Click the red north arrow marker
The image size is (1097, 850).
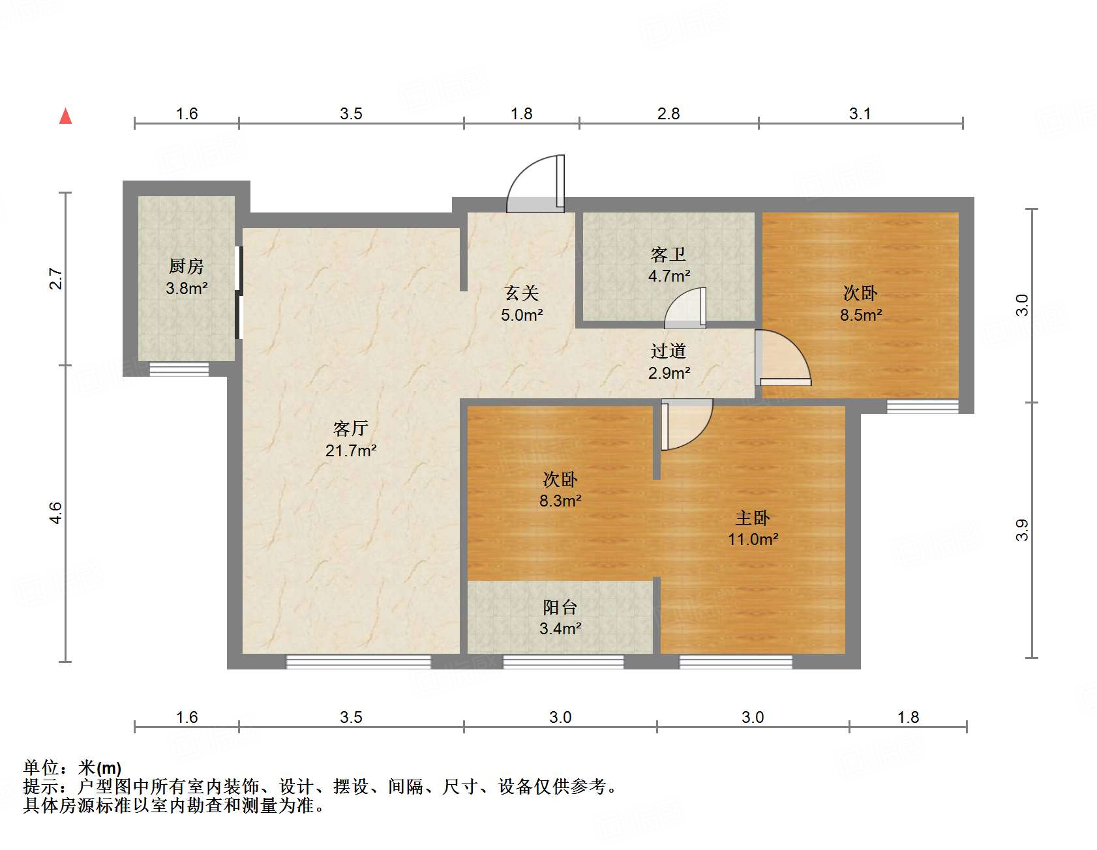click(x=65, y=116)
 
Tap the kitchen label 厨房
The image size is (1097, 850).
click(x=187, y=266)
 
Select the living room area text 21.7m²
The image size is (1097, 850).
click(x=351, y=450)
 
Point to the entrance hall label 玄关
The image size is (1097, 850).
click(x=522, y=293)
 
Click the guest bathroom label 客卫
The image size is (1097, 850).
click(x=669, y=254)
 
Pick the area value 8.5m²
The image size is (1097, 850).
click(x=861, y=315)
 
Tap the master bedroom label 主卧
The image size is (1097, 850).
click(x=753, y=518)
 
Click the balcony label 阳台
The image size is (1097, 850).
click(x=560, y=608)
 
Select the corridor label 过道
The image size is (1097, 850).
click(x=669, y=351)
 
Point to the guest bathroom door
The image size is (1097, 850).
click(x=685, y=309)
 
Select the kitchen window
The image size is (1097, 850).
click(x=179, y=369)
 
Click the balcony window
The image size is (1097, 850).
click(x=563, y=662)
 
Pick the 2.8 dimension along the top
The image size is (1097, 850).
click(x=669, y=114)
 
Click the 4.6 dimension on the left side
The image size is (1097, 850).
click(x=56, y=513)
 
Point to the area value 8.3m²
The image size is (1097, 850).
click(x=560, y=501)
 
